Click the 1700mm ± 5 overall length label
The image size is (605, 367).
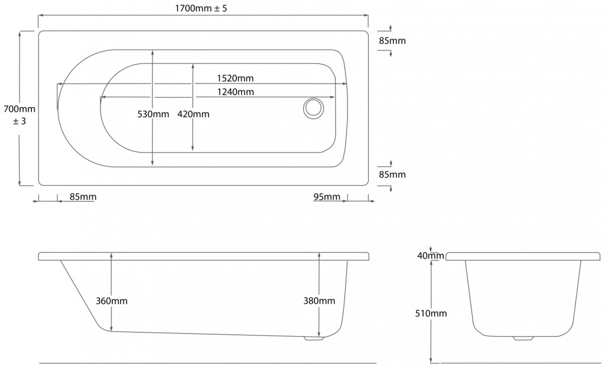point(201,8)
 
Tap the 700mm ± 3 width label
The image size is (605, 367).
point(19,115)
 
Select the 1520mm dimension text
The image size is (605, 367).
point(235,78)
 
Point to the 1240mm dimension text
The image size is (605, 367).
point(235,92)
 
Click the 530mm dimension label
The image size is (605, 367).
point(153,114)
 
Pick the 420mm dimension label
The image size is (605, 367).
point(193,114)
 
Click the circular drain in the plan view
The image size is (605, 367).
point(313,108)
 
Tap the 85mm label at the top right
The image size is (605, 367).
point(392,41)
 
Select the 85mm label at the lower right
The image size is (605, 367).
point(392,175)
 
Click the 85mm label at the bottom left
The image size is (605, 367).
point(83,197)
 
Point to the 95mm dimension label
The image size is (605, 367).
point(327,197)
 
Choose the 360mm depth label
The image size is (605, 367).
point(112,301)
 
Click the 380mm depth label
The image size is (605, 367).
point(319,301)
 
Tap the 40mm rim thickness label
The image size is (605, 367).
point(431,256)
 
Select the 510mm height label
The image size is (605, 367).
point(431,313)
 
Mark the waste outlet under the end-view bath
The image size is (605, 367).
point(523,338)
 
